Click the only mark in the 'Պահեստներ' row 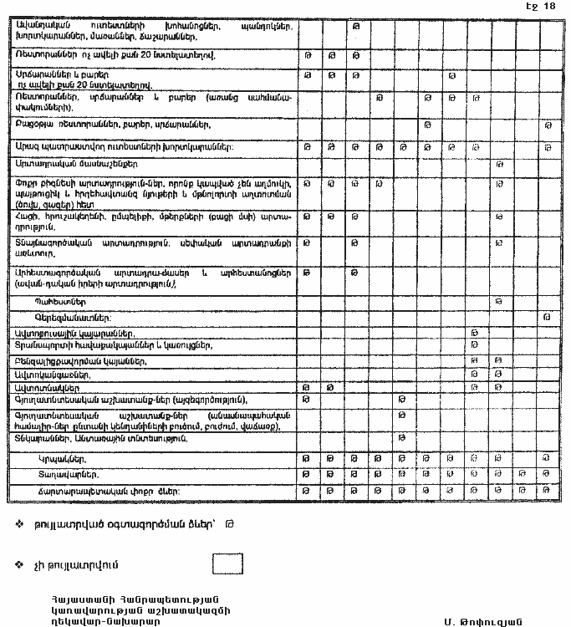click(x=499, y=299)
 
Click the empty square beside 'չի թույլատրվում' click(x=227, y=564)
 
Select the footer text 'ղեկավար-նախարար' click(x=102, y=621)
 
